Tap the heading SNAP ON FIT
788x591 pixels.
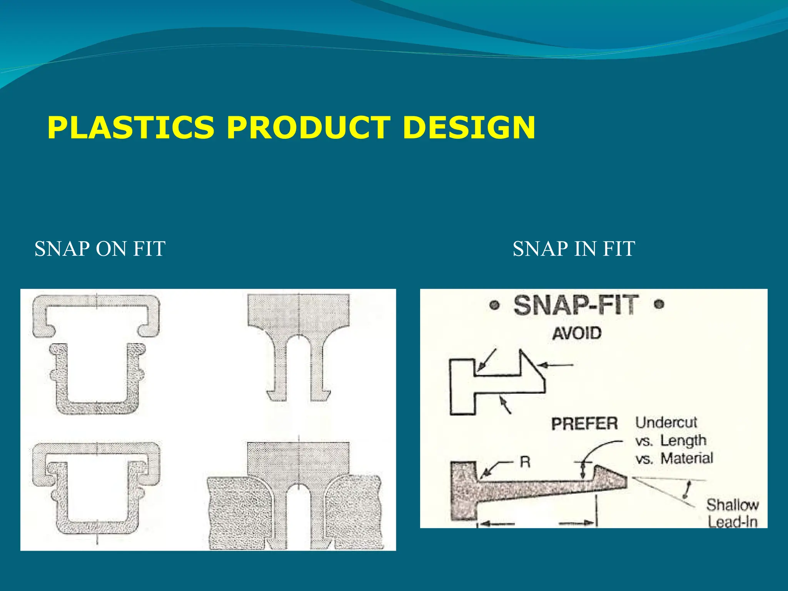100,249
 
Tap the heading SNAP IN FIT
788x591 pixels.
574,249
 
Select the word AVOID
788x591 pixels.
576,333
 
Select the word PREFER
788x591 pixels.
584,424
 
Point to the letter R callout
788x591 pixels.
525,462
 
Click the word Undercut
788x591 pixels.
666,422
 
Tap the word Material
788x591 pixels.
687,458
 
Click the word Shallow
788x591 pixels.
732,505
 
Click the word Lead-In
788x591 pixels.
732,522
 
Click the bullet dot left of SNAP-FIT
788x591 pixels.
495,306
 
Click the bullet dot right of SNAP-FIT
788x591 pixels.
659,305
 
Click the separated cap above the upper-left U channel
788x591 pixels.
96,301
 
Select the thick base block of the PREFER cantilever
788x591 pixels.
464,491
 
